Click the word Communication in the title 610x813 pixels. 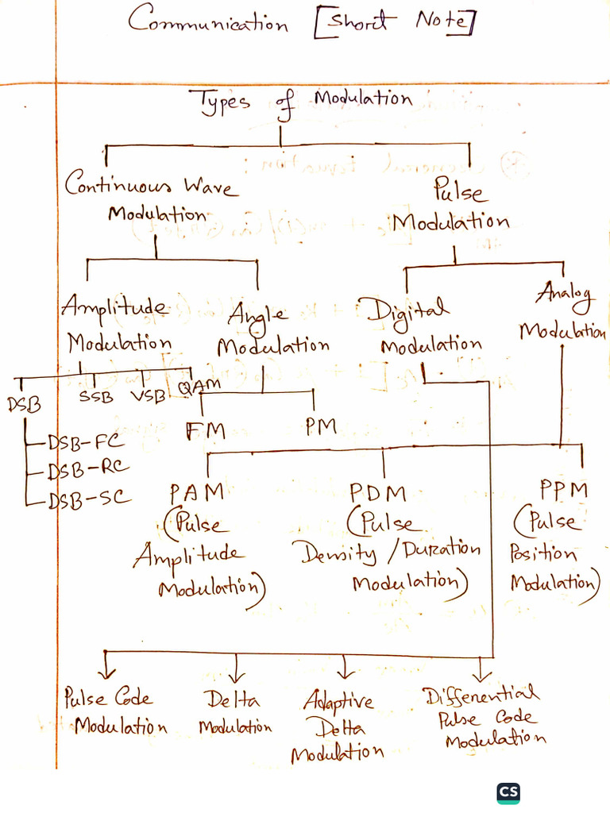tap(208, 21)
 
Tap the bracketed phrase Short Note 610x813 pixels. tap(393, 21)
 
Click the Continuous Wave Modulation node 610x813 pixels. tap(151, 198)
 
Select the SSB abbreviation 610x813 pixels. tap(96, 396)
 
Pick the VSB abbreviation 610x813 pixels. tap(147, 396)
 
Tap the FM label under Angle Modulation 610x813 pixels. tap(205, 431)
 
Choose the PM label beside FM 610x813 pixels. tap(321, 427)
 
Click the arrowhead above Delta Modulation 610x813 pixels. tap(237, 676)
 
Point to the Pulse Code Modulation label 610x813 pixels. tap(114, 711)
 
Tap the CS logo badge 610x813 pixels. tap(508, 792)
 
